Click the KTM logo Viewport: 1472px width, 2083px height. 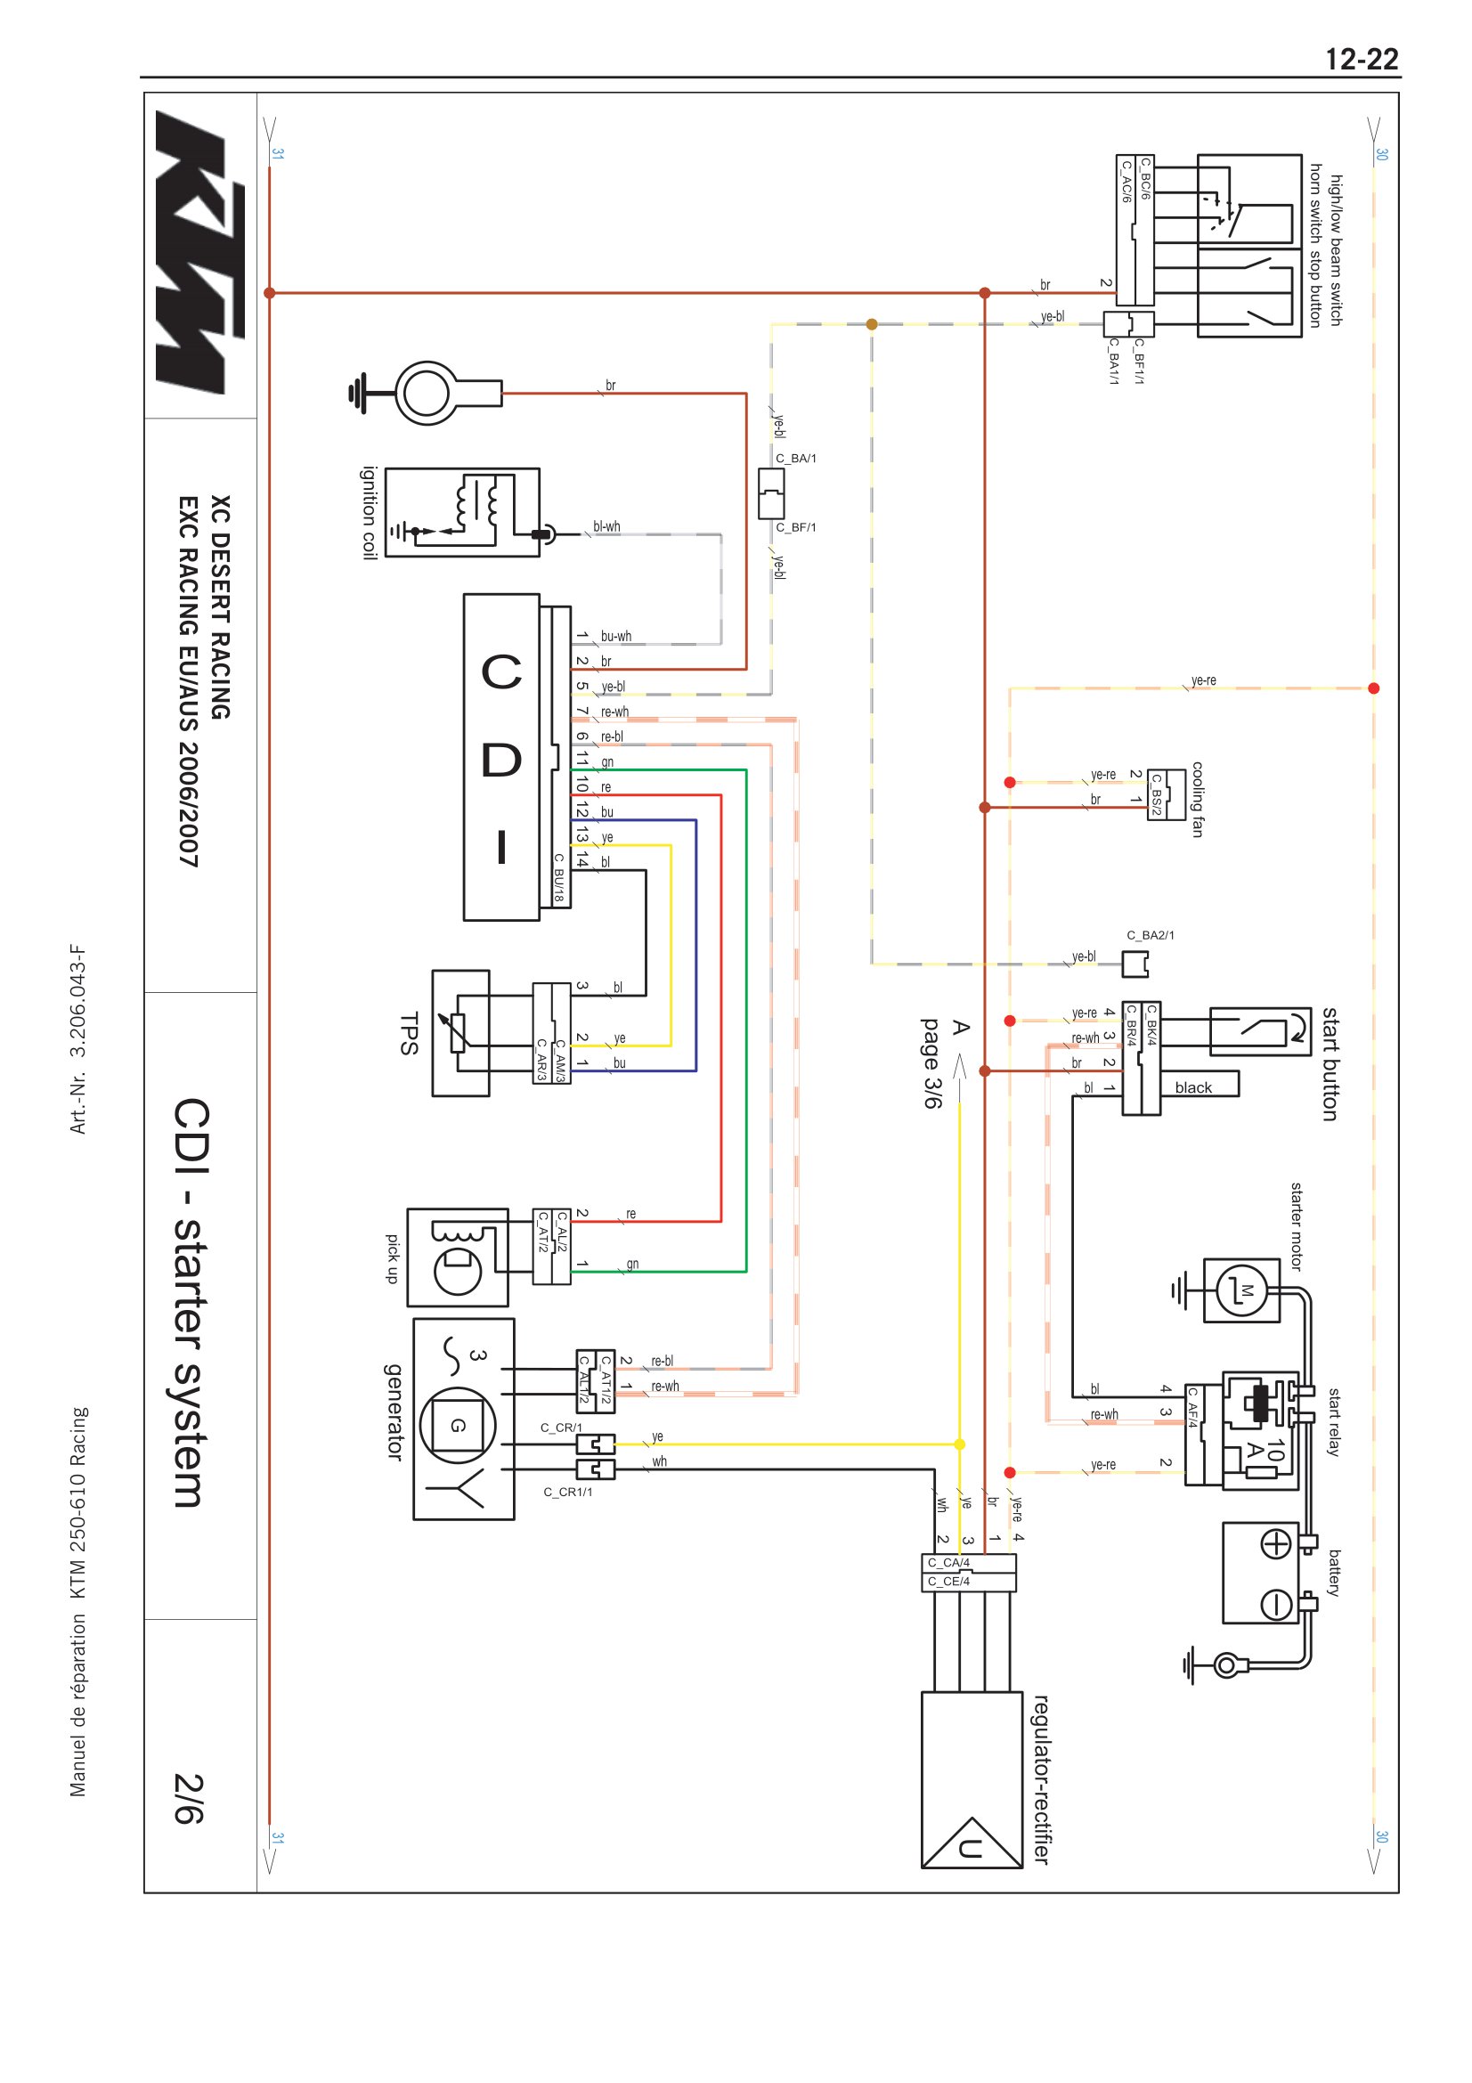click(x=200, y=252)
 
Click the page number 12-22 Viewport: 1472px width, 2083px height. click(x=1362, y=60)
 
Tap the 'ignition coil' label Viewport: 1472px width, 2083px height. click(x=370, y=513)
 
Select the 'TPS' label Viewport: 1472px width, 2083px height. click(x=409, y=1033)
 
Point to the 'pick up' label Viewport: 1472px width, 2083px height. click(x=393, y=1258)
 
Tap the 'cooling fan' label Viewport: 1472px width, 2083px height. click(x=1197, y=799)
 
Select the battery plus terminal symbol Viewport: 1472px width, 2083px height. click(x=1276, y=1544)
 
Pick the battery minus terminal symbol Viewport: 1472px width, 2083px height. click(x=1276, y=1605)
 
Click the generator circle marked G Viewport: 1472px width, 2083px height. click(x=458, y=1425)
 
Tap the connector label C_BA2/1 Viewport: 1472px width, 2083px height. click(x=1150, y=935)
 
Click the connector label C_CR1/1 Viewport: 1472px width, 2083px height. click(x=568, y=1492)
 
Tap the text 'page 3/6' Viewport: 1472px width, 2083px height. click(x=932, y=1062)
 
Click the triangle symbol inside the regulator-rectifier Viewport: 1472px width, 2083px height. click(x=972, y=1843)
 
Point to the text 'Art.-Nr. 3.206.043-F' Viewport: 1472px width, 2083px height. click(x=79, y=1039)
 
